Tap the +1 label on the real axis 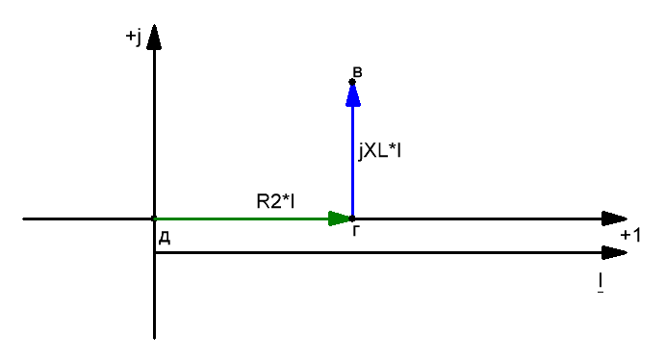coord(630,235)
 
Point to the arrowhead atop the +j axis coord(154,38)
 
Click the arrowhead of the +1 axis coord(614,219)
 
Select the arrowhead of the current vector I coord(614,253)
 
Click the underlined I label coord(601,283)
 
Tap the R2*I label coord(275,201)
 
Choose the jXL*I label coord(379,151)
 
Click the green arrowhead coord(340,219)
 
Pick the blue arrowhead coord(353,94)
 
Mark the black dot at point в coord(352,82)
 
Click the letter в coord(358,72)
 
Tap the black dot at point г coord(352,219)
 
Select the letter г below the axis coord(356,231)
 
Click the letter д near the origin coord(165,239)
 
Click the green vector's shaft coord(242,219)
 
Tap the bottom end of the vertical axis coord(154,339)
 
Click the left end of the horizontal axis coord(23,219)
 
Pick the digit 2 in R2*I coord(273,201)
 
